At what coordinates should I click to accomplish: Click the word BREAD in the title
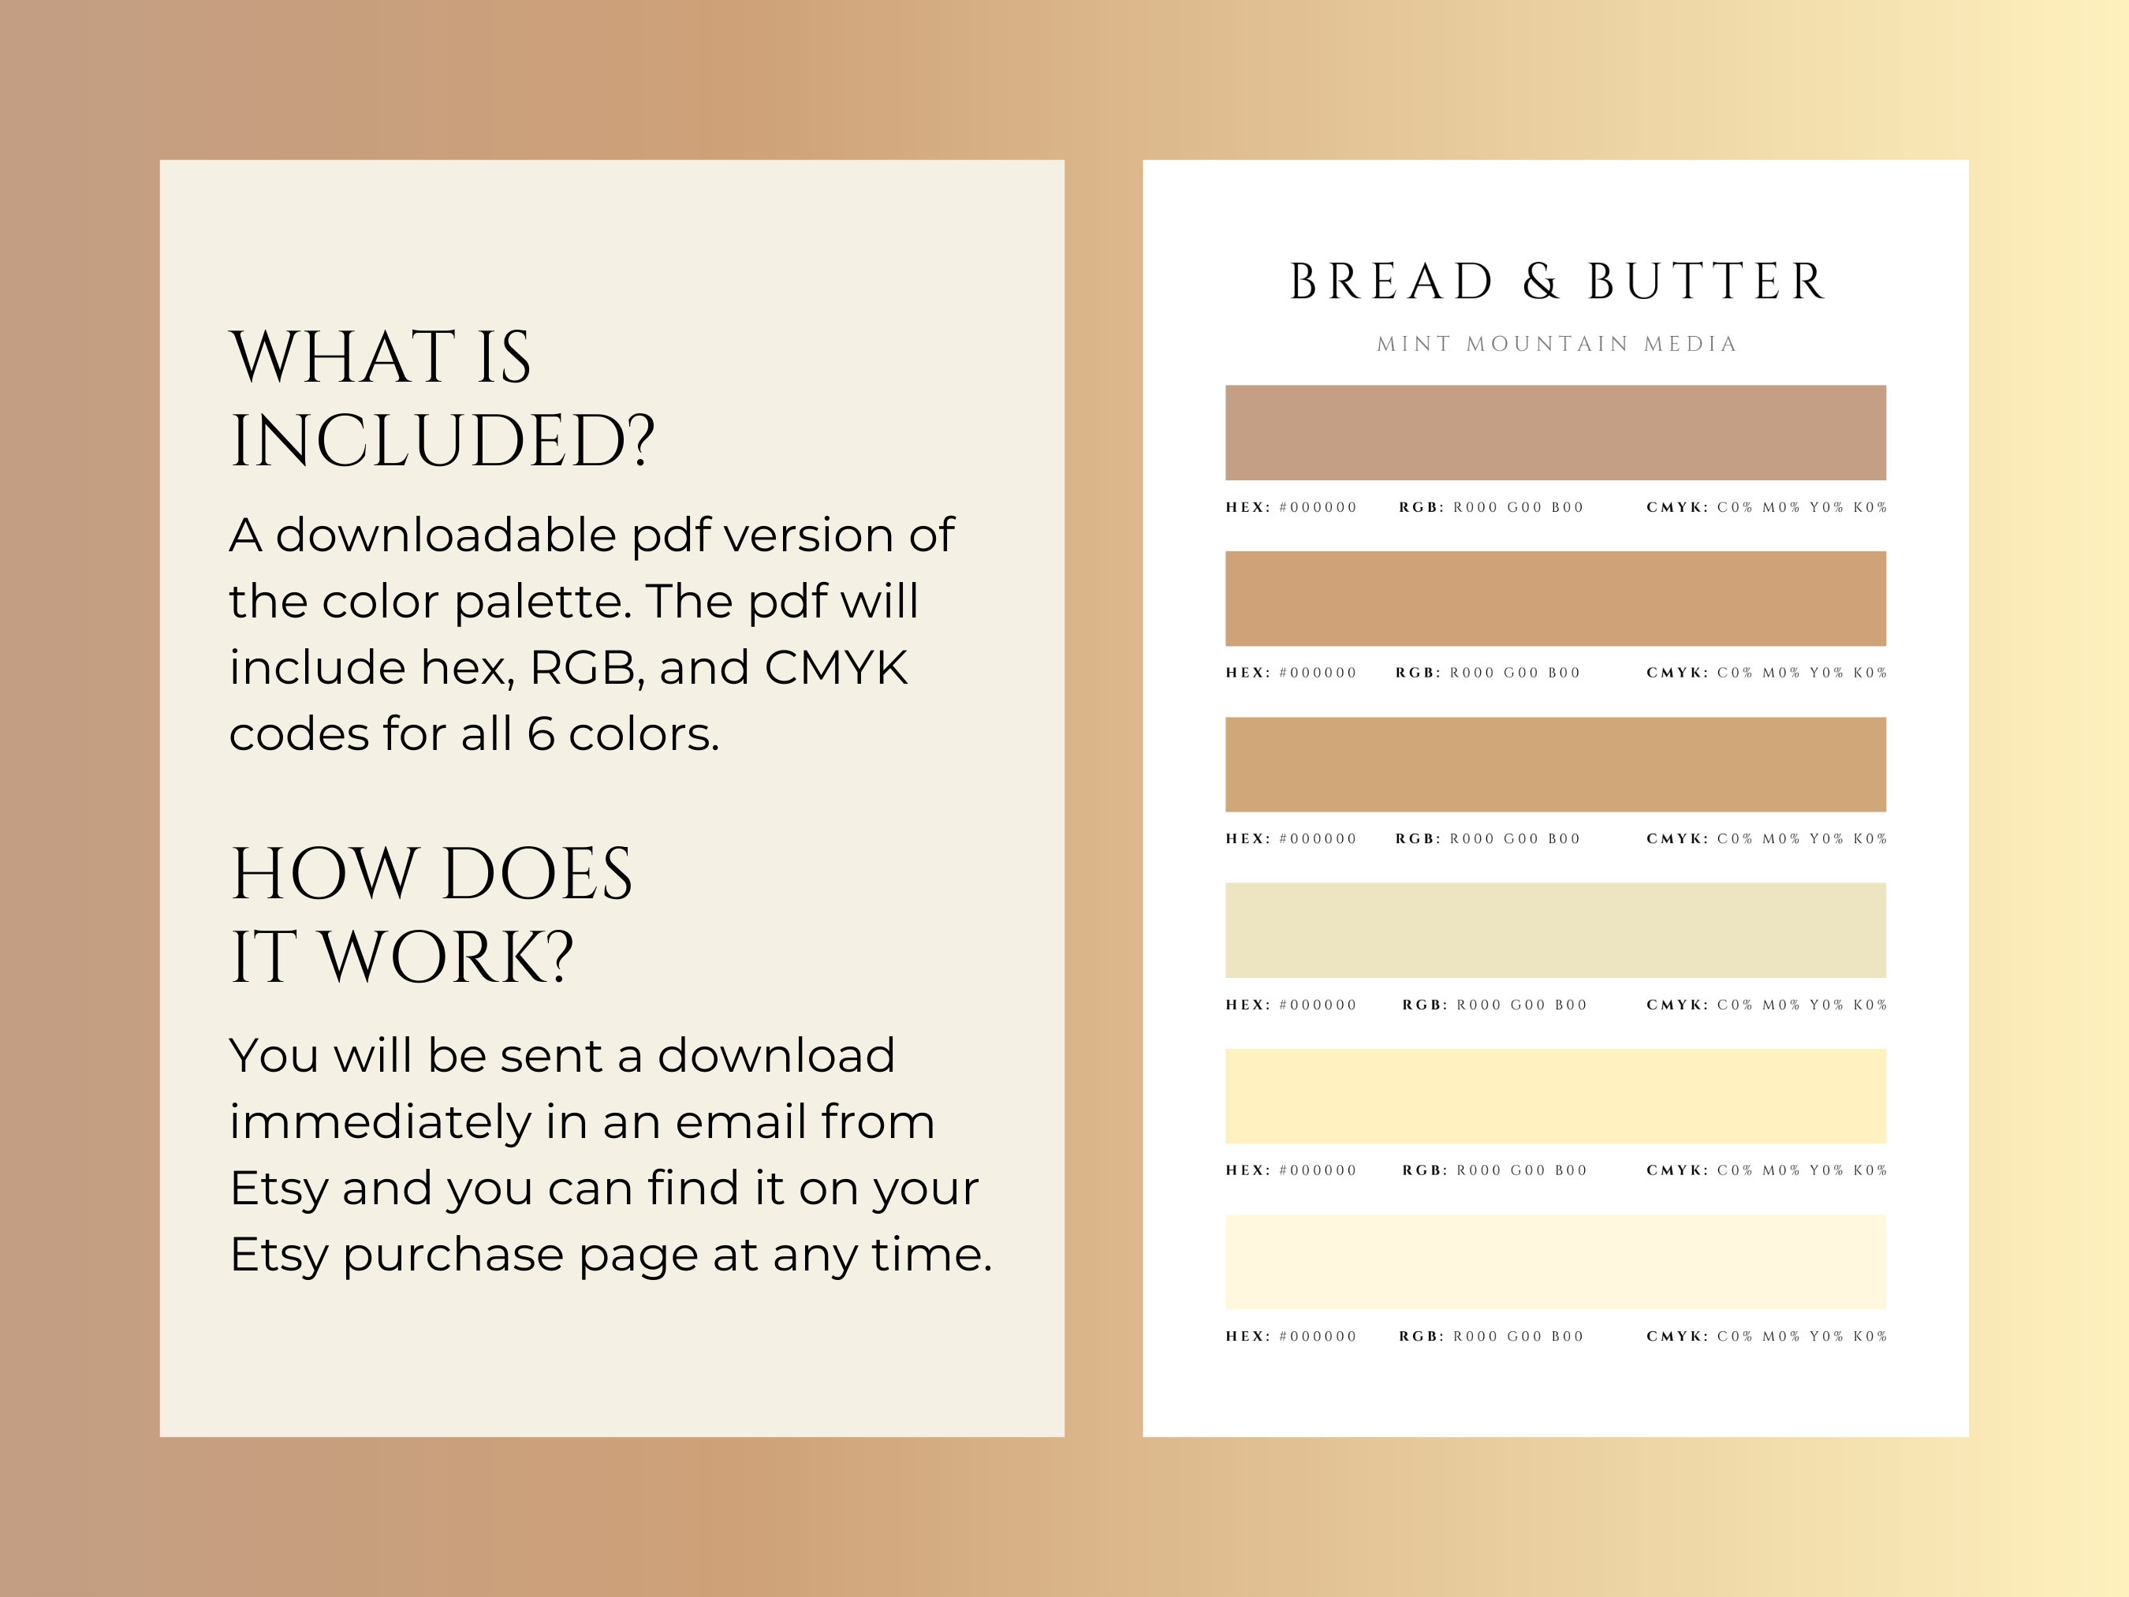pos(1391,282)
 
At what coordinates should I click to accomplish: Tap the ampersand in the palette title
pos(1540,282)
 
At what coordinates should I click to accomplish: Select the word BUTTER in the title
pos(1706,282)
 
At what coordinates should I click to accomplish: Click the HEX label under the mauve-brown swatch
pos(1247,507)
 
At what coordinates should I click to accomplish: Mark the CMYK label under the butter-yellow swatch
pos(1676,1170)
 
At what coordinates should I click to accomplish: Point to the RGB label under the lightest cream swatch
pos(1421,1336)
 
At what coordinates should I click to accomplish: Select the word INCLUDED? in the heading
pos(442,442)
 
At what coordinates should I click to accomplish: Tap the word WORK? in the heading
pos(446,958)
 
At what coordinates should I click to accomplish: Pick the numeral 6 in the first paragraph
pos(541,734)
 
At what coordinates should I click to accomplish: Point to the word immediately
pos(379,1122)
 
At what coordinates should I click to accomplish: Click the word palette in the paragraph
pos(541,602)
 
